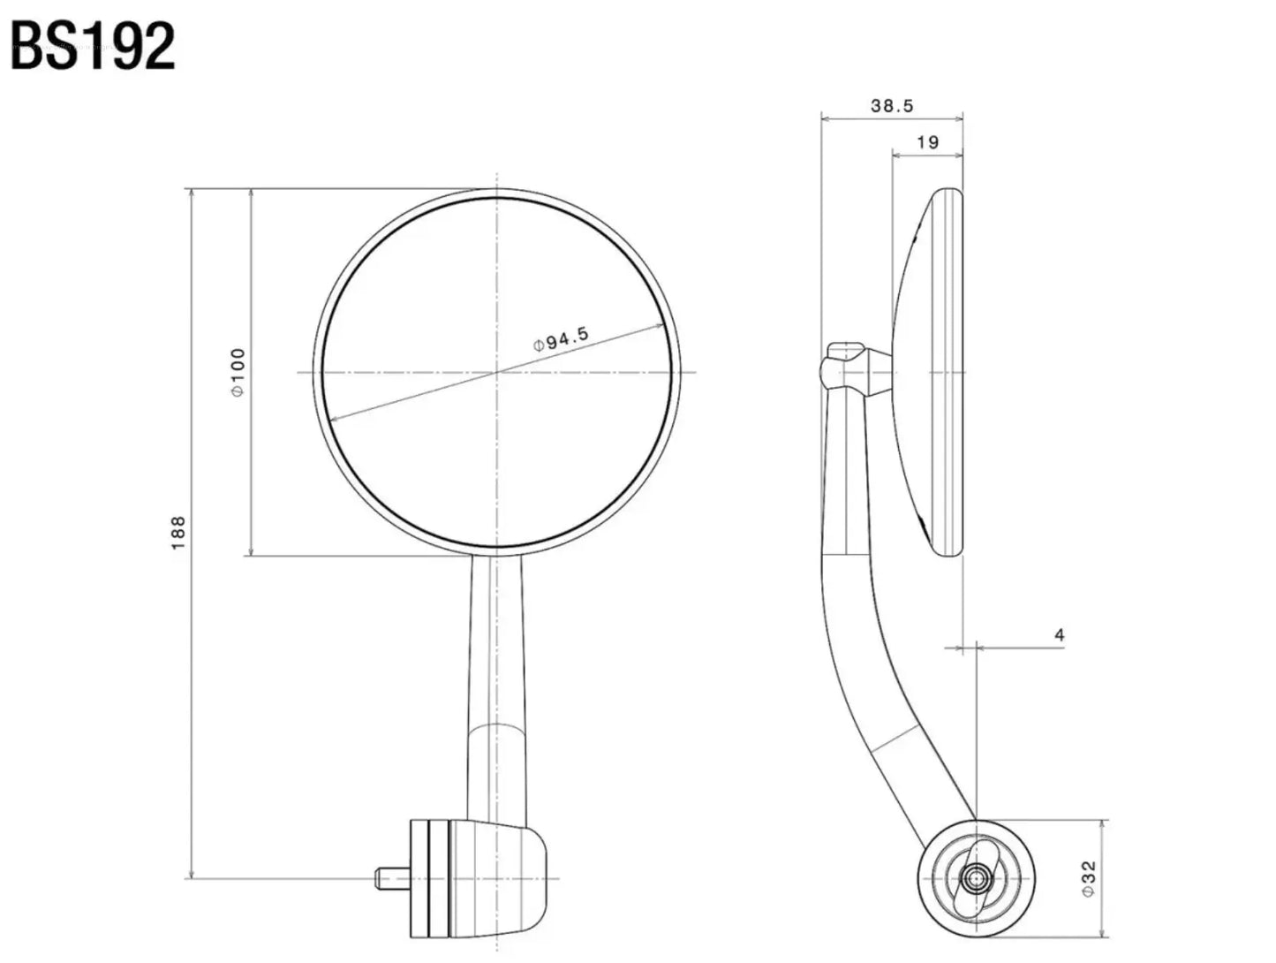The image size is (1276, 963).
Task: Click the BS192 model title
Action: pos(93,46)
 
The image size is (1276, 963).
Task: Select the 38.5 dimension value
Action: pos(892,106)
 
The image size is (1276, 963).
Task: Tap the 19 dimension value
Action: pos(927,142)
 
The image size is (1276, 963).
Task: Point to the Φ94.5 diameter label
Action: pos(560,339)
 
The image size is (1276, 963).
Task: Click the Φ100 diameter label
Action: pos(238,372)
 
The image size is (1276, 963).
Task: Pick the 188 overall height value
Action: pos(178,533)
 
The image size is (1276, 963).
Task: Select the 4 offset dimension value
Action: pos(1059,635)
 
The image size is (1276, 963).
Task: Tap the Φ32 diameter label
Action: pos(1089,879)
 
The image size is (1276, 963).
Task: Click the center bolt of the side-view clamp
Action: pos(976,877)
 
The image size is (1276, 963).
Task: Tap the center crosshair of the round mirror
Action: pos(497,372)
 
